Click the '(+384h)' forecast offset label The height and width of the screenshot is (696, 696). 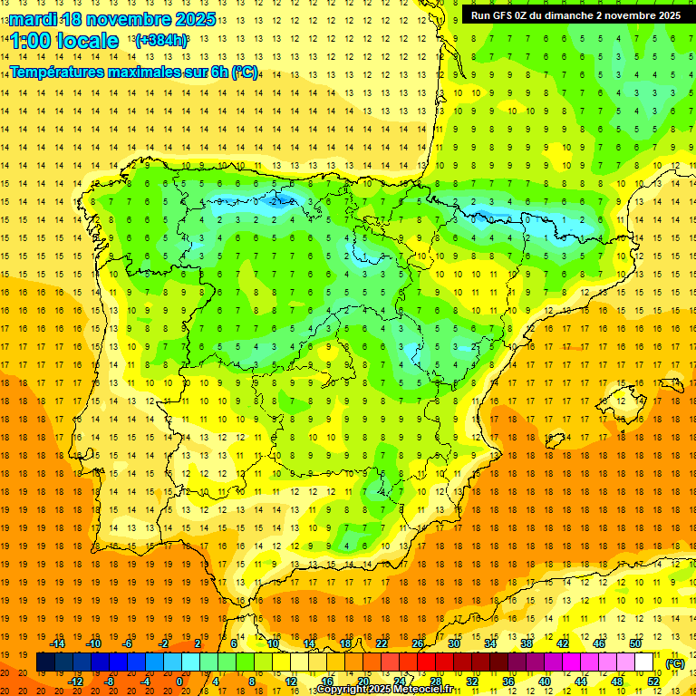pyautogui.click(x=161, y=41)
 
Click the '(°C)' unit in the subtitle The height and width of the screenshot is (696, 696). pyautogui.click(x=244, y=72)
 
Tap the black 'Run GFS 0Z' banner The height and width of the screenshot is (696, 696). pyautogui.click(x=576, y=15)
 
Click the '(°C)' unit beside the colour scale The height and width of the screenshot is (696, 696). pyautogui.click(x=675, y=663)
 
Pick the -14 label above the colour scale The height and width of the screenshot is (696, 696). pyautogui.click(x=57, y=643)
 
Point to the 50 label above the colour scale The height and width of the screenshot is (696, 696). pyautogui.click(x=634, y=643)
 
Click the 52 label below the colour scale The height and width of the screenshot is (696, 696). pyautogui.click(x=653, y=681)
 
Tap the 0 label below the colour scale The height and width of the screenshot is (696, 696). pyautogui.click(x=179, y=681)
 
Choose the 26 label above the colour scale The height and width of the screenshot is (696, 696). pyautogui.click(x=418, y=643)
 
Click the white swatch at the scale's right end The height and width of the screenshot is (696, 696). pyautogui.click(x=643, y=662)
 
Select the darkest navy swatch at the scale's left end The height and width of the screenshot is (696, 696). pyautogui.click(x=45, y=662)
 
